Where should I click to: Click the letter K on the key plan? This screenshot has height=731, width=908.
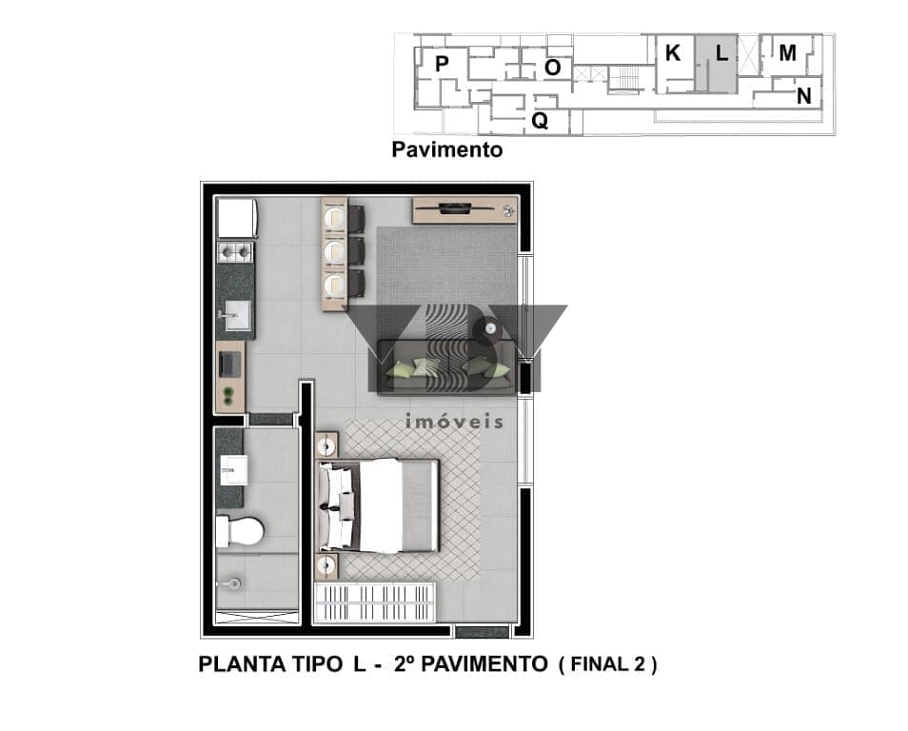click(x=672, y=52)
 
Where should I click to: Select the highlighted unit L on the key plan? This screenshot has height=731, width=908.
click(x=717, y=63)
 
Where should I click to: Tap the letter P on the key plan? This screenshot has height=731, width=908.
click(x=442, y=63)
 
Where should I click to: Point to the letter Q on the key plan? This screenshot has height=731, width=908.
click(x=540, y=121)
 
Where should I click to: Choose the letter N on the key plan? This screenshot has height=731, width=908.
click(x=803, y=95)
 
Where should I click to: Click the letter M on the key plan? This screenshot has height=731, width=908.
click(x=787, y=52)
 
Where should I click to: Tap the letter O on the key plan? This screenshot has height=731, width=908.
click(x=553, y=68)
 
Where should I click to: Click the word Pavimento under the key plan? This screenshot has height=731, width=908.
click(x=447, y=149)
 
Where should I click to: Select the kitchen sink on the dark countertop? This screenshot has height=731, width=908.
click(x=236, y=316)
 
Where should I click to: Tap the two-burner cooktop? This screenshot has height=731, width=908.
click(x=236, y=252)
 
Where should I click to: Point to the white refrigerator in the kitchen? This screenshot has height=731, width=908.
click(x=236, y=218)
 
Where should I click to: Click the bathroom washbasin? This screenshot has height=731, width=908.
click(x=233, y=470)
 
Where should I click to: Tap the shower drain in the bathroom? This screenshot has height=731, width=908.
click(x=233, y=583)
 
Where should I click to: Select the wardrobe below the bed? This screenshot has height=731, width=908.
click(x=374, y=603)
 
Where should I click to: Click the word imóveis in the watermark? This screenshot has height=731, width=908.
click(x=454, y=421)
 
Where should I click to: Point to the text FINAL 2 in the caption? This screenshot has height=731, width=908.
click(x=607, y=663)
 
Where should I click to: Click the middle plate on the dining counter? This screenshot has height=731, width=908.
click(x=334, y=251)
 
